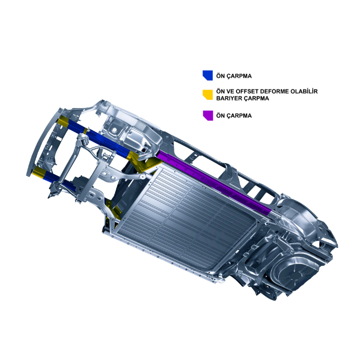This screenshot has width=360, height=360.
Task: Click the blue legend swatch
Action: tap(208, 75)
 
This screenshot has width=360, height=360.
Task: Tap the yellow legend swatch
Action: tap(208, 95)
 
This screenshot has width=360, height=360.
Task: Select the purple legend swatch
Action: tap(208, 116)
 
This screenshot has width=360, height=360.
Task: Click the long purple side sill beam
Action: tap(214, 183)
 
